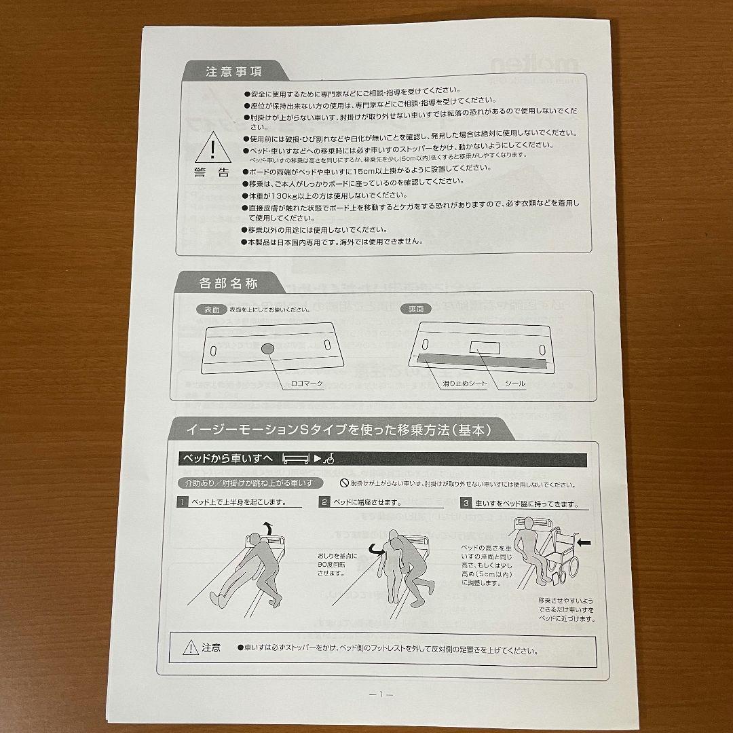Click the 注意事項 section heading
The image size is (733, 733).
point(234,71)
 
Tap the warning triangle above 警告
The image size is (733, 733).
point(212,149)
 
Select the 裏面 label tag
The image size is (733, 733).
point(416,309)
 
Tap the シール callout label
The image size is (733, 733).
point(515,384)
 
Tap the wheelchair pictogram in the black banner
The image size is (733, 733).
point(328,459)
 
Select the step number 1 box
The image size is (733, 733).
point(183,503)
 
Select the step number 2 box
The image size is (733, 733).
point(325,503)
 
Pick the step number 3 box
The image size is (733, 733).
point(466,503)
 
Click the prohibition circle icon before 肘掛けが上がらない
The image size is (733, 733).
point(344,483)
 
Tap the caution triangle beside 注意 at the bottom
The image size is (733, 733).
point(190,648)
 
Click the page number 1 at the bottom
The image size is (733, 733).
point(381,694)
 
